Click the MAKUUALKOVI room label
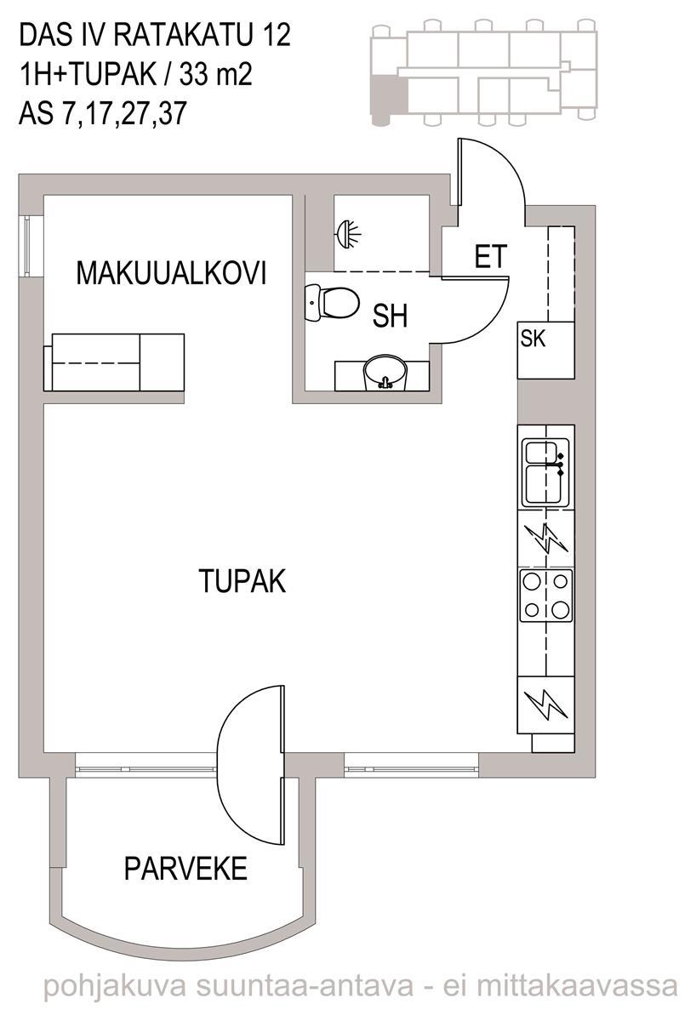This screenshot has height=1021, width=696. pyautogui.click(x=171, y=273)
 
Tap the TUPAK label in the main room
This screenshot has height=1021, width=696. pyautogui.click(x=242, y=580)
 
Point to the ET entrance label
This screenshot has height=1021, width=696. pyautogui.click(x=490, y=256)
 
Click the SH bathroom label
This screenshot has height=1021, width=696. pyautogui.click(x=391, y=316)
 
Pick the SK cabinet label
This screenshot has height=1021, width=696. pyautogui.click(x=533, y=339)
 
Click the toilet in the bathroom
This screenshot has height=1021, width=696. pyautogui.click(x=332, y=302)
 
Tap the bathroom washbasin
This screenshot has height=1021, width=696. pyautogui.click(x=385, y=374)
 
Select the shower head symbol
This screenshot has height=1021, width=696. pyautogui.click(x=349, y=234)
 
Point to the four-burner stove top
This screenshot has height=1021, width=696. pyautogui.click(x=546, y=595)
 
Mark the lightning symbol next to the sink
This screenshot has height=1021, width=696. pyautogui.click(x=546, y=538)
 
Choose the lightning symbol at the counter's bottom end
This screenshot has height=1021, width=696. pyautogui.click(x=545, y=705)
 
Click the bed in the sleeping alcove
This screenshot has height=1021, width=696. pyautogui.click(x=114, y=362)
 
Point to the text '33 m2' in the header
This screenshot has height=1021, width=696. pyautogui.click(x=215, y=74)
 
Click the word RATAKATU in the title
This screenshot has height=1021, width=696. pyautogui.click(x=182, y=35)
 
